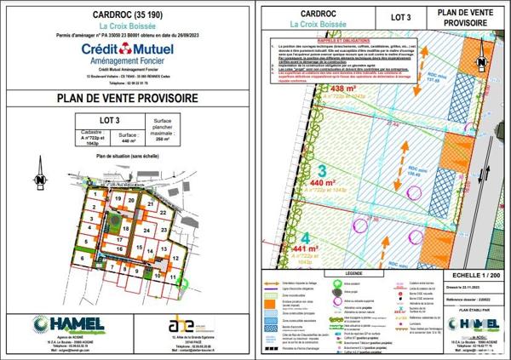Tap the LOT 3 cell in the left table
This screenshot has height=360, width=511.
click(x=109, y=120)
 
